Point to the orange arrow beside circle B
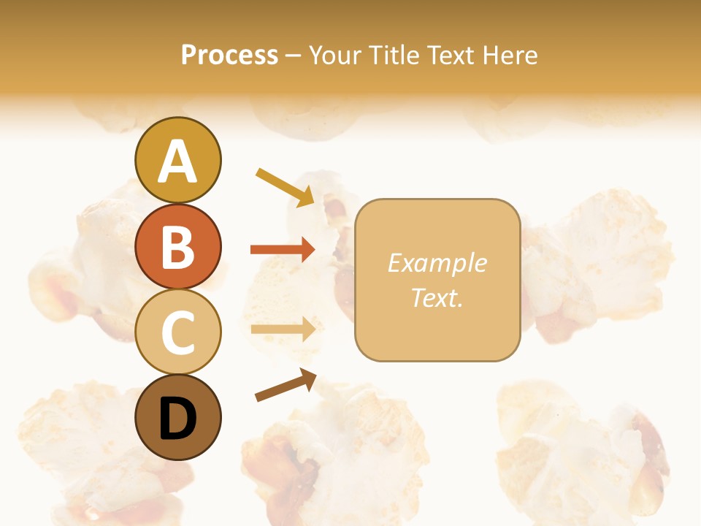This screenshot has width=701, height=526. tap(283, 250)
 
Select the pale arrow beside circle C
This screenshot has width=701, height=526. tap(283, 329)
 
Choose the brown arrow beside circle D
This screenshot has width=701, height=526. tap(286, 385)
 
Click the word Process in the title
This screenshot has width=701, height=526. tap(229, 55)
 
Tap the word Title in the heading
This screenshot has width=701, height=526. tap(388, 55)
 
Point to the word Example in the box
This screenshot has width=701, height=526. tap(437, 263)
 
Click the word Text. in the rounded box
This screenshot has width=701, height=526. tap(437, 297)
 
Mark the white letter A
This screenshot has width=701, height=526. tap(177, 162)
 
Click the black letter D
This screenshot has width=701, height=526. tap(177, 419)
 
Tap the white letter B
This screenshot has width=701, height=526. tap(177, 247)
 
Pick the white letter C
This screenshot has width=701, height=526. tap(177, 333)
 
